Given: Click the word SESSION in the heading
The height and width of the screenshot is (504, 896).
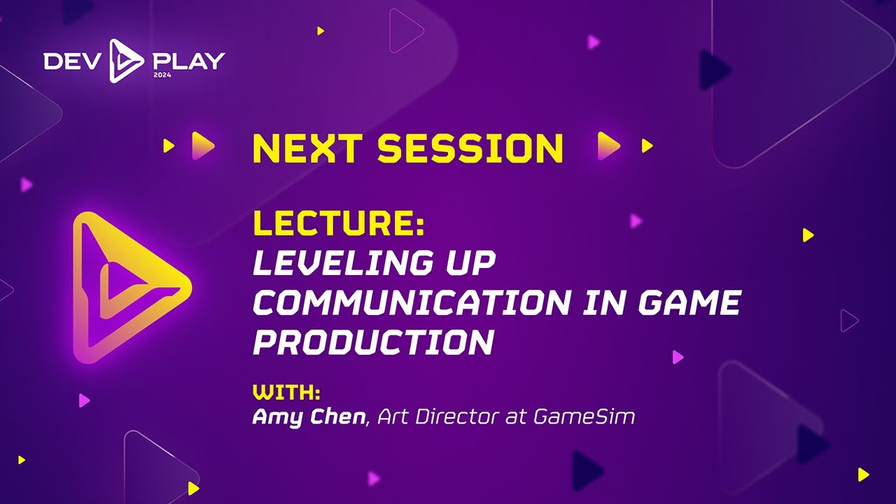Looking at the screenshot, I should click(470, 148).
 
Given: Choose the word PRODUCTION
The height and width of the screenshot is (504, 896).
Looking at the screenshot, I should click(373, 342).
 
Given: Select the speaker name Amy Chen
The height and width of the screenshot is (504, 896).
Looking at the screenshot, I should click(309, 417).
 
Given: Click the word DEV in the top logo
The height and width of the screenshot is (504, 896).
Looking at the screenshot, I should click(70, 62).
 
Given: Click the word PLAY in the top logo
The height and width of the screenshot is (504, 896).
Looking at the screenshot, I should click(188, 62).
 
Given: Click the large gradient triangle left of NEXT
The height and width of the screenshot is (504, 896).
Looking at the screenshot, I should click(202, 146).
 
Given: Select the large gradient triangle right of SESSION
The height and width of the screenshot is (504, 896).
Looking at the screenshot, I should click(608, 146).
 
